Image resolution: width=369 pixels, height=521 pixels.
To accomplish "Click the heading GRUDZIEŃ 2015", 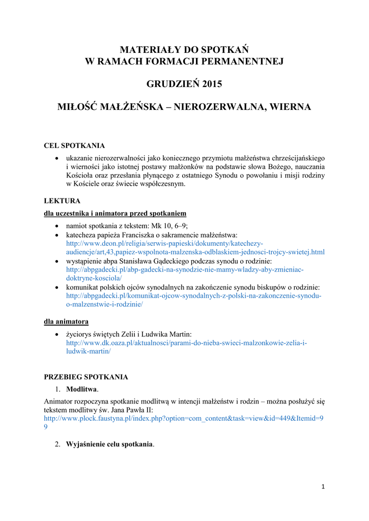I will point(184,84).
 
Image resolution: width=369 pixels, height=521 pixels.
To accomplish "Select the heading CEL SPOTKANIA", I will point(74,146).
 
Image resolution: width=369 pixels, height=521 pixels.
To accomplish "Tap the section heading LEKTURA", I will point(62,201).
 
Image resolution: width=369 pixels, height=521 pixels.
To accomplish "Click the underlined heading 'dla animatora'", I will point(66,322).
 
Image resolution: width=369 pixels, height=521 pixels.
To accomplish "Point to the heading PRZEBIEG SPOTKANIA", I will point(86,377).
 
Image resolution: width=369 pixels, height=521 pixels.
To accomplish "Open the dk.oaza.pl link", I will point(186,343).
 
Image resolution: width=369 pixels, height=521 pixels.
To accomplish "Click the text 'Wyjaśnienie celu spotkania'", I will point(109,444).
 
